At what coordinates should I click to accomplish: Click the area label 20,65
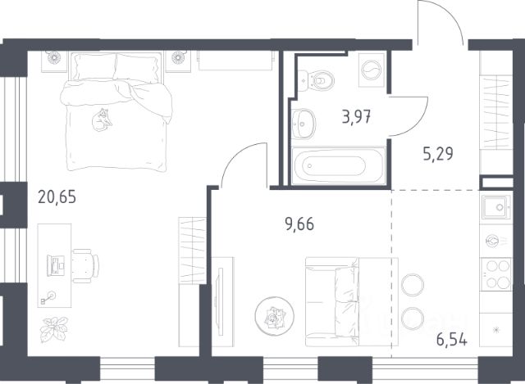point(57,197)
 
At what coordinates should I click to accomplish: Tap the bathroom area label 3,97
point(356,117)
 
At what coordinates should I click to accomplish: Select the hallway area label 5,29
point(438,154)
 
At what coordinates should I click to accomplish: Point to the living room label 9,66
point(299,224)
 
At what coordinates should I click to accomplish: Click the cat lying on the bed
point(102,120)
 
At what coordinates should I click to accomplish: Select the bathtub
point(339,165)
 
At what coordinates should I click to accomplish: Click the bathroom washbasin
point(303,124)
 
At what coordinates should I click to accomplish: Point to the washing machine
point(372,70)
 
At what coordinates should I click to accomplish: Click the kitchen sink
point(496,207)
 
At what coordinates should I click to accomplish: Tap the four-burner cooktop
point(496,274)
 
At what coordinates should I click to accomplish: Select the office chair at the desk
point(85,266)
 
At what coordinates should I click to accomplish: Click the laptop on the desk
point(56,266)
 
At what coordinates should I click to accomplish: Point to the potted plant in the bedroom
point(53,329)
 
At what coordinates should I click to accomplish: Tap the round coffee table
point(275,316)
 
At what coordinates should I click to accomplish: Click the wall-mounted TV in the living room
point(220,301)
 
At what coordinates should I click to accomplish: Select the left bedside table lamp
point(52,58)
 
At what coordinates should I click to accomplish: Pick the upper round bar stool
point(413,285)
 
